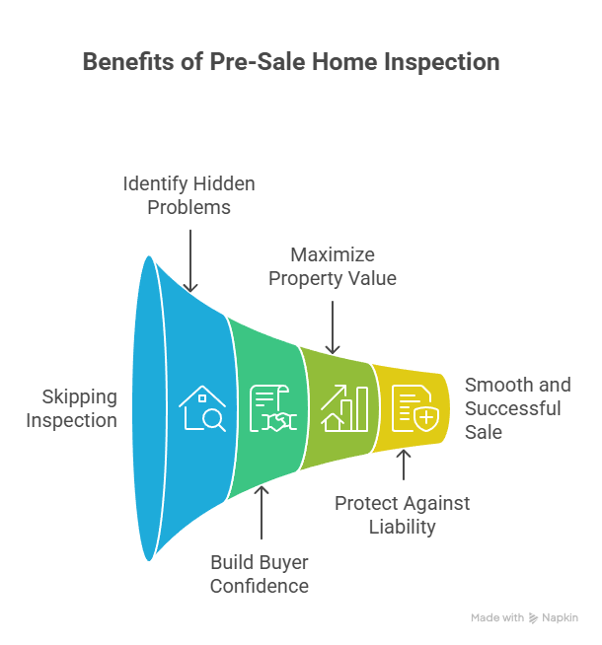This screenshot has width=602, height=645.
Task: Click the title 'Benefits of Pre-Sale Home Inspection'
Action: tap(291, 62)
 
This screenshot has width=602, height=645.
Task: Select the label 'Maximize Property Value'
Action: tap(333, 266)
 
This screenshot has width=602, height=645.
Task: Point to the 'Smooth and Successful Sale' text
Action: tap(517, 408)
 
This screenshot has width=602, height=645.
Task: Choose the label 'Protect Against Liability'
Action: tap(402, 515)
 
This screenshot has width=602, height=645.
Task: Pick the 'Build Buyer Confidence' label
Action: tap(260, 574)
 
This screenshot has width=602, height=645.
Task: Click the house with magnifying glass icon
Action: tap(202, 408)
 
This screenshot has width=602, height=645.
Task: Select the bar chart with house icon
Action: tap(341, 408)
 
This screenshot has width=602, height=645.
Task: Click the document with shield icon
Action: tap(413, 408)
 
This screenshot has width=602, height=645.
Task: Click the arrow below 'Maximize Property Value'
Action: tap(333, 326)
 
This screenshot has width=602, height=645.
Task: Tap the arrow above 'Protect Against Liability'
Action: tap(403, 464)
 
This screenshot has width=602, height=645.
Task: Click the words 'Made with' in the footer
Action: tap(497, 617)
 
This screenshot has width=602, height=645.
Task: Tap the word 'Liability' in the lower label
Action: tap(402, 527)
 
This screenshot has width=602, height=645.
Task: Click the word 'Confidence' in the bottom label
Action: tap(260, 586)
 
